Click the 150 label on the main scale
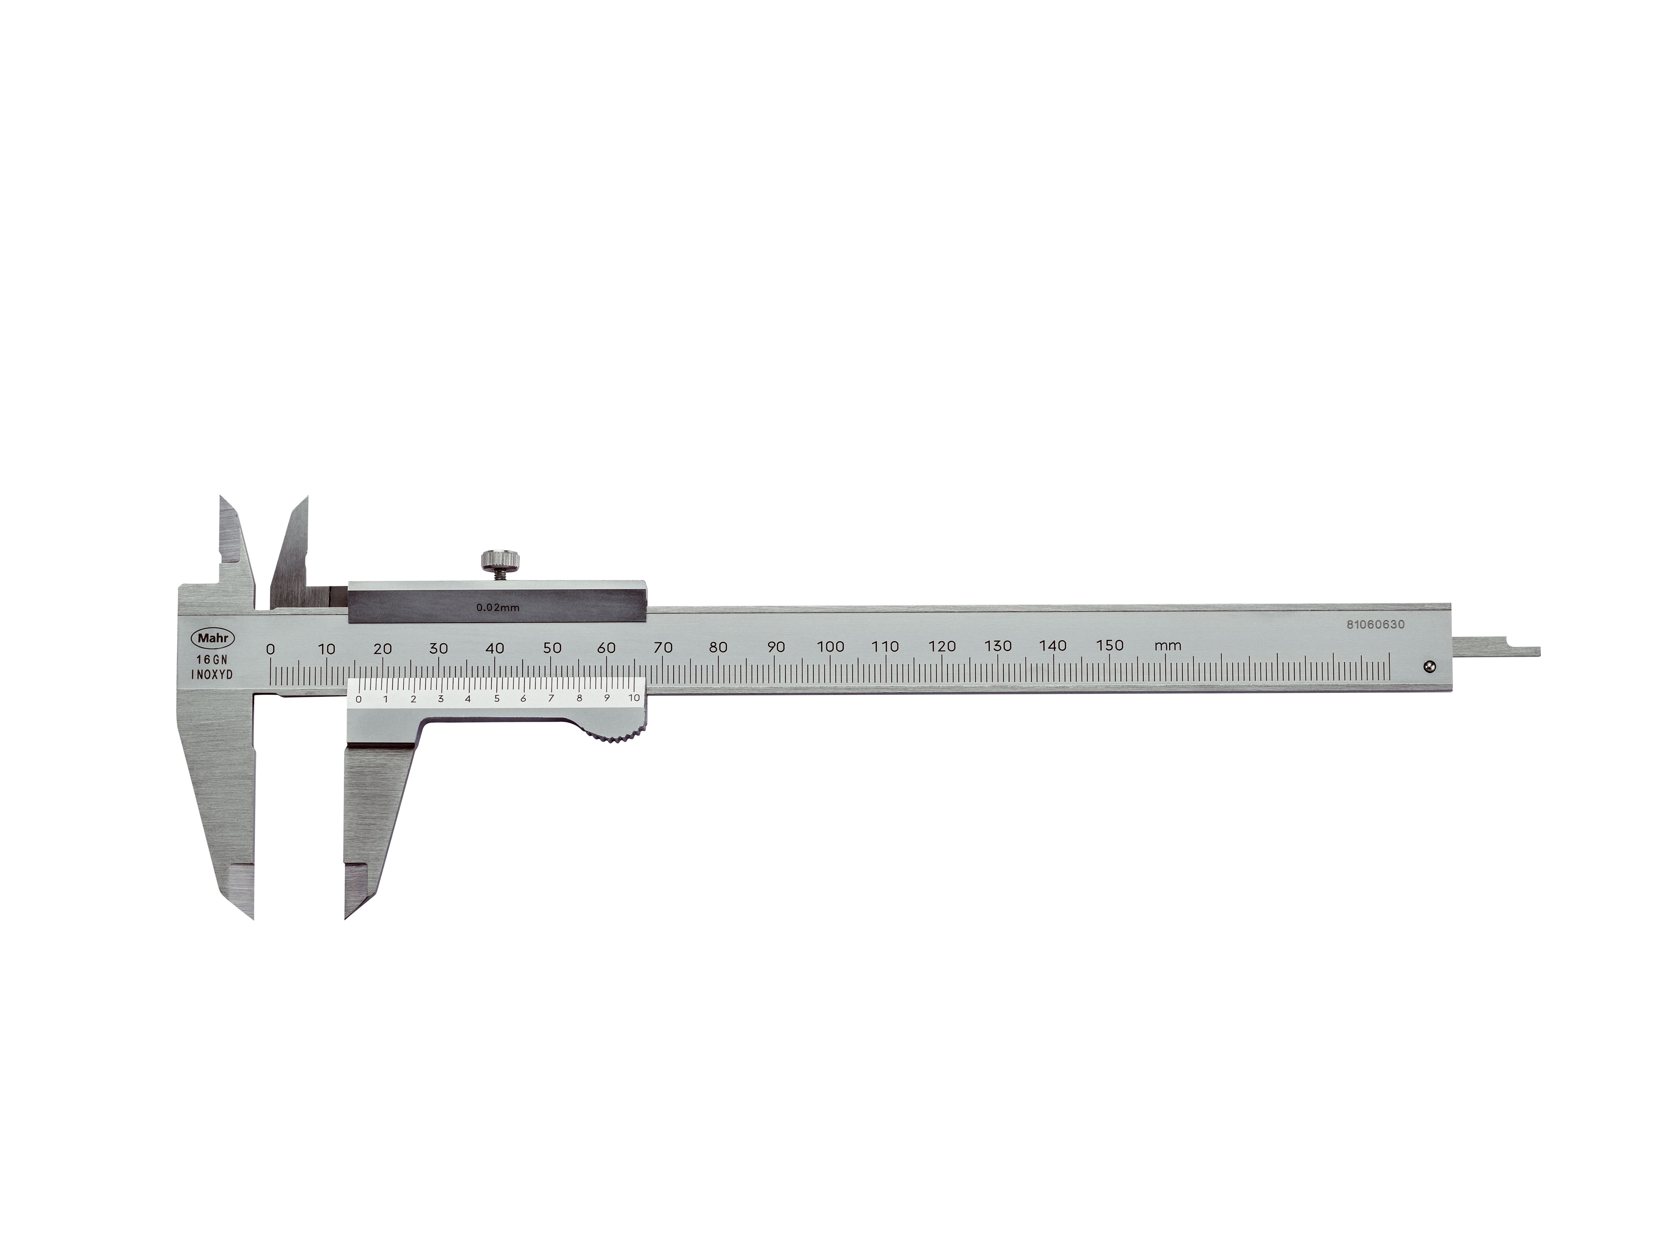click(x=1110, y=646)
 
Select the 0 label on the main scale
click(x=270, y=649)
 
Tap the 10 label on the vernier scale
click(x=634, y=698)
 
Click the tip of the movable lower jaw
click(x=348, y=913)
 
